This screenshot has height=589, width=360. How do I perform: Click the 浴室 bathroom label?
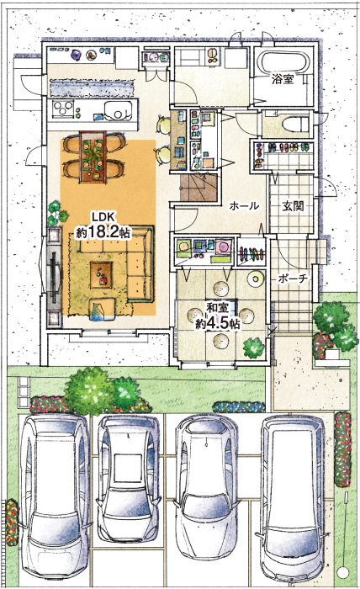tap(283, 79)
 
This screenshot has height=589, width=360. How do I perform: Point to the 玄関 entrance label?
tap(293, 206)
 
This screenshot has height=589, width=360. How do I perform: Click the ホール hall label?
tap(244, 206)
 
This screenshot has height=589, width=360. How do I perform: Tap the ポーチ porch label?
tap(294, 279)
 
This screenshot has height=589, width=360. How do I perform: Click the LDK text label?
tap(103, 217)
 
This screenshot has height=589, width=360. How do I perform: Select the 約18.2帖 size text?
tap(103, 232)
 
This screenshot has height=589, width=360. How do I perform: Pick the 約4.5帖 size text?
tap(217, 323)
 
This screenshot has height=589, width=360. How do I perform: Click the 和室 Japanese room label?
tap(217, 308)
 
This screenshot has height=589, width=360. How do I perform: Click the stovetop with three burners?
tap(63, 109)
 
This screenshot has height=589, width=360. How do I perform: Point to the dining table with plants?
tap(93, 157)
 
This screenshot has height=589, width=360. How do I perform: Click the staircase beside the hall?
tap(199, 188)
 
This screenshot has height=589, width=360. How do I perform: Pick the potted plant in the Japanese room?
tap(254, 348)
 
